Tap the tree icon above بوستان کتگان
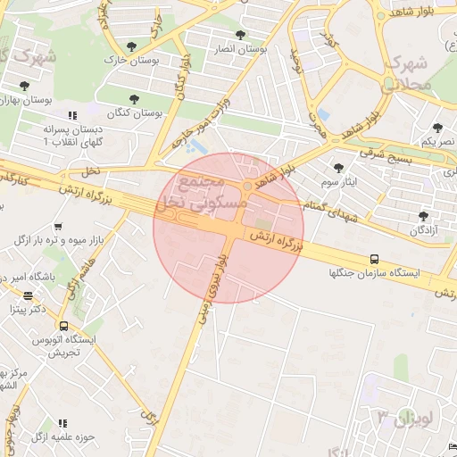135,99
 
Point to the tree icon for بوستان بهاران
24,87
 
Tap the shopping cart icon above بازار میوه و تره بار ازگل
58,228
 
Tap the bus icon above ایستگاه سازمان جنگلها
373,259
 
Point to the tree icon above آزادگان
423,216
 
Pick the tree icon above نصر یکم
437,128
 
